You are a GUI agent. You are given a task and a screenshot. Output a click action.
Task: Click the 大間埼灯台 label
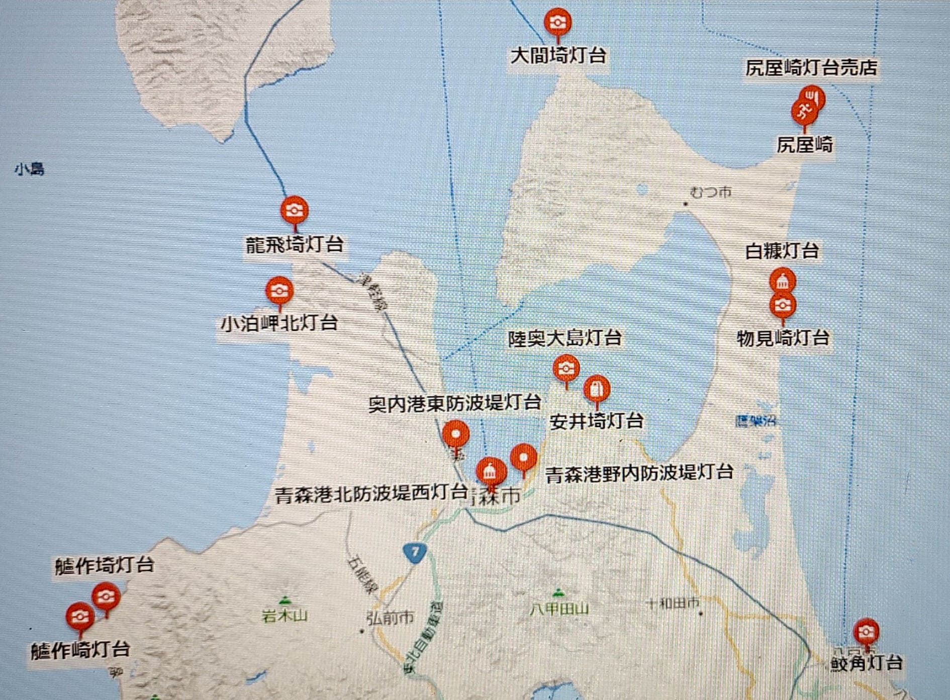click(x=558, y=56)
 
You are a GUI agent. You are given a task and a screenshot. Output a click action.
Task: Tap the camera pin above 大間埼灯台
click(x=557, y=22)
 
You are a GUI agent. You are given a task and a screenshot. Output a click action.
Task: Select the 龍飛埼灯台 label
click(x=295, y=245)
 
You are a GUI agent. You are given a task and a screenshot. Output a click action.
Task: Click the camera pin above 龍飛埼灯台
click(x=294, y=210)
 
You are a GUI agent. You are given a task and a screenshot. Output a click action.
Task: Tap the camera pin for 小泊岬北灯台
click(x=279, y=291)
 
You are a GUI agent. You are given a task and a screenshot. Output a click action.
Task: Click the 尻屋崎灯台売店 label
click(x=811, y=68)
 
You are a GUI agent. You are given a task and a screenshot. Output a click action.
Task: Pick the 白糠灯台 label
click(x=782, y=251)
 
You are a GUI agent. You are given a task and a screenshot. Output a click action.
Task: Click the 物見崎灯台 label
click(x=783, y=338)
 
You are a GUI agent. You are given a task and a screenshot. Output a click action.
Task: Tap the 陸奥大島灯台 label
click(x=564, y=338)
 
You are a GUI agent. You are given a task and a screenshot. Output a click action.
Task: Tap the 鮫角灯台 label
click(x=866, y=663)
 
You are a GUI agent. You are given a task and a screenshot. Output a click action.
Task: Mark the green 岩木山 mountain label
click(x=284, y=615)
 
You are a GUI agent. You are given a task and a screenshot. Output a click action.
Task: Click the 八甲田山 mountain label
click(x=559, y=609)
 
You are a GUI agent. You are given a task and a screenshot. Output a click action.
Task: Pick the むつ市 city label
click(x=711, y=192)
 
